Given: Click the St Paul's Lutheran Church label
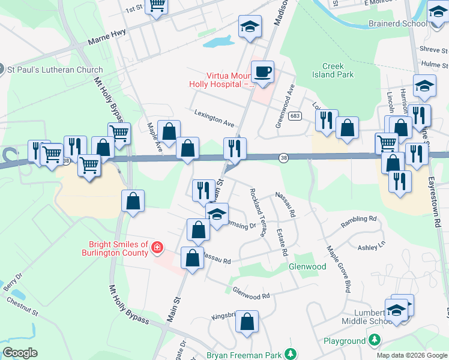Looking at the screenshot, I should click(x=55, y=70).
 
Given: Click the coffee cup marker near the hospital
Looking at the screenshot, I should click(x=262, y=73).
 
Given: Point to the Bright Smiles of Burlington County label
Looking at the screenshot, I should click(x=118, y=248).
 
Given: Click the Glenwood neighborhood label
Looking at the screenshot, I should click(x=307, y=266).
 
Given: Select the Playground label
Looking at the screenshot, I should click(x=345, y=341).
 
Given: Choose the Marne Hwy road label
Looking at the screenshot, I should click(x=106, y=41).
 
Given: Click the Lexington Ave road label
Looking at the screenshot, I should click(x=214, y=118).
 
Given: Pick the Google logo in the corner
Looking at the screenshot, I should click(x=20, y=353).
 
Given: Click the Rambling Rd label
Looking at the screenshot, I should click(x=358, y=222).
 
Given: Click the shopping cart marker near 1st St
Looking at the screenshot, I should click(x=157, y=6).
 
